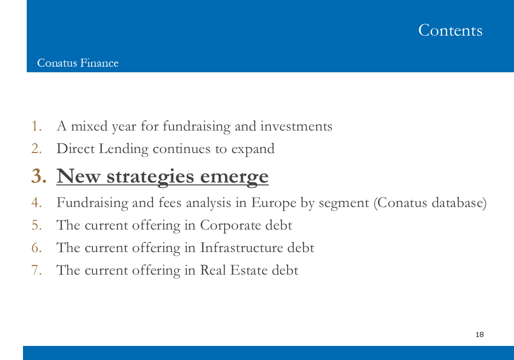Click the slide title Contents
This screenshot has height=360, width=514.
click(x=450, y=30)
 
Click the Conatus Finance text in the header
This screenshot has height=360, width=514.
click(x=78, y=63)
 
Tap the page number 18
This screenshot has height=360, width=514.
click(x=480, y=334)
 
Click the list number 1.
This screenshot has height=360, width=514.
click(x=37, y=126)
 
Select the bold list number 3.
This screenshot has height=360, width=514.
click(x=39, y=176)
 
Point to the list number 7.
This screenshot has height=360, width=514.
click(x=37, y=270)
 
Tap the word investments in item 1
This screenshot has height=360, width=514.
click(x=296, y=126)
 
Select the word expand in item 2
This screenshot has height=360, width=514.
click(x=253, y=149)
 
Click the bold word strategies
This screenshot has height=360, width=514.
click(x=151, y=177)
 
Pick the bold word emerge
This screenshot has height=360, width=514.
click(x=234, y=177)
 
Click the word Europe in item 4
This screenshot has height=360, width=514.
click(x=274, y=203)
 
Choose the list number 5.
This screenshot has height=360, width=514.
click(x=37, y=225)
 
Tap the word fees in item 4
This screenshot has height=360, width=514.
click(x=170, y=202)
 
